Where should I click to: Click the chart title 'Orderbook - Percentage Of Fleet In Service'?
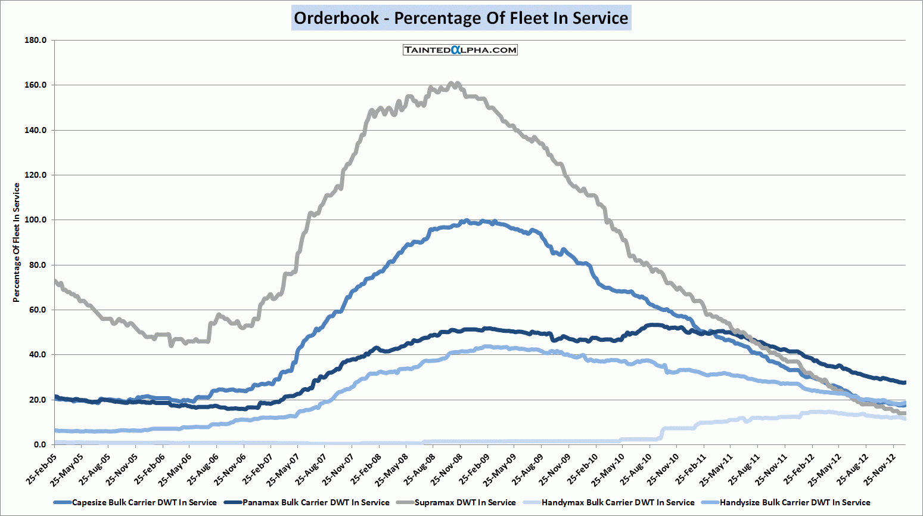tap(461, 18)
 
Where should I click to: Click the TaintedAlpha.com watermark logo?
tap(460, 50)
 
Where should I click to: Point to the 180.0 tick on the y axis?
tap(36, 40)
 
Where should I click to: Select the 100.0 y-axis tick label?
tap(36, 220)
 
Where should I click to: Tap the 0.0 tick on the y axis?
tap(39, 444)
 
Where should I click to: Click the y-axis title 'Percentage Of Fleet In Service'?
tap(17, 242)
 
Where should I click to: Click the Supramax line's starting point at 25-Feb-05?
tap(55, 280)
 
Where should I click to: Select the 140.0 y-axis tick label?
tap(36, 130)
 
